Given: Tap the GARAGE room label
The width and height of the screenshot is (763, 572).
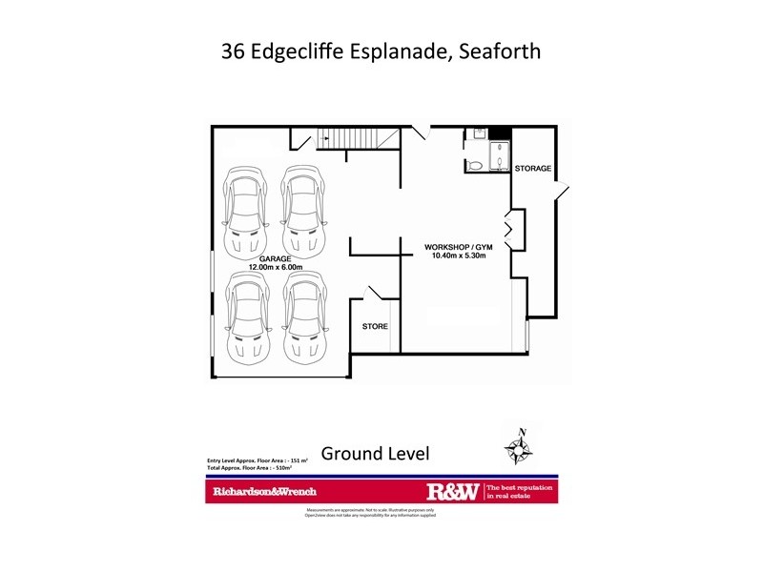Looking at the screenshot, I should [x=275, y=258].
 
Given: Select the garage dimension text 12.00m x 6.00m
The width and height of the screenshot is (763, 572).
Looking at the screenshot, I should [x=275, y=268].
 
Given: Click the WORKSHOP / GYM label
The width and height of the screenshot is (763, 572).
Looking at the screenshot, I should [x=459, y=247].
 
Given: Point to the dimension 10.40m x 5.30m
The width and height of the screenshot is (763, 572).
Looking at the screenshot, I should [x=459, y=256].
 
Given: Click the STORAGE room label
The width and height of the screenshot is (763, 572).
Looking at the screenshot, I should [x=533, y=169].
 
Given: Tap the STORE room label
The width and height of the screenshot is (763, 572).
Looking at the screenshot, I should [x=375, y=327].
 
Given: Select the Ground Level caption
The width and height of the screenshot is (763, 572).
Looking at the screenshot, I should [x=375, y=453].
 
